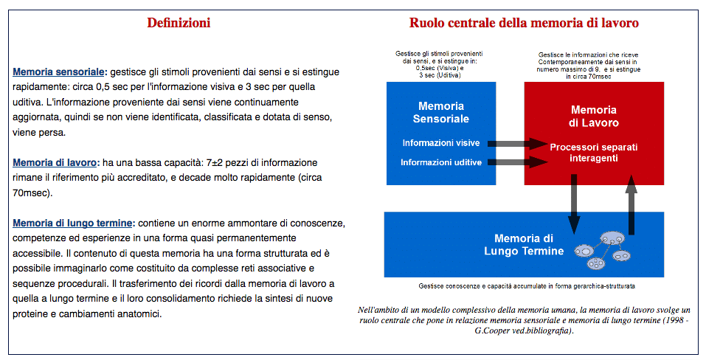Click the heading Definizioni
[x=179, y=23]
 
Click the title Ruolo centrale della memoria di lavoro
[x=524, y=23]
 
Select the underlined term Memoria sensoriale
[x=59, y=72]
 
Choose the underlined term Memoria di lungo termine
[x=72, y=223]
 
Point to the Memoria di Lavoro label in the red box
[x=594, y=116]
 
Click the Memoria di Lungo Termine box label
[x=524, y=245]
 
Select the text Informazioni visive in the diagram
[x=442, y=142]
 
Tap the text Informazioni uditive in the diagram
[x=441, y=162]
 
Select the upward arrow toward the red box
[x=631, y=202]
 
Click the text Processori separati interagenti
[x=594, y=153]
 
